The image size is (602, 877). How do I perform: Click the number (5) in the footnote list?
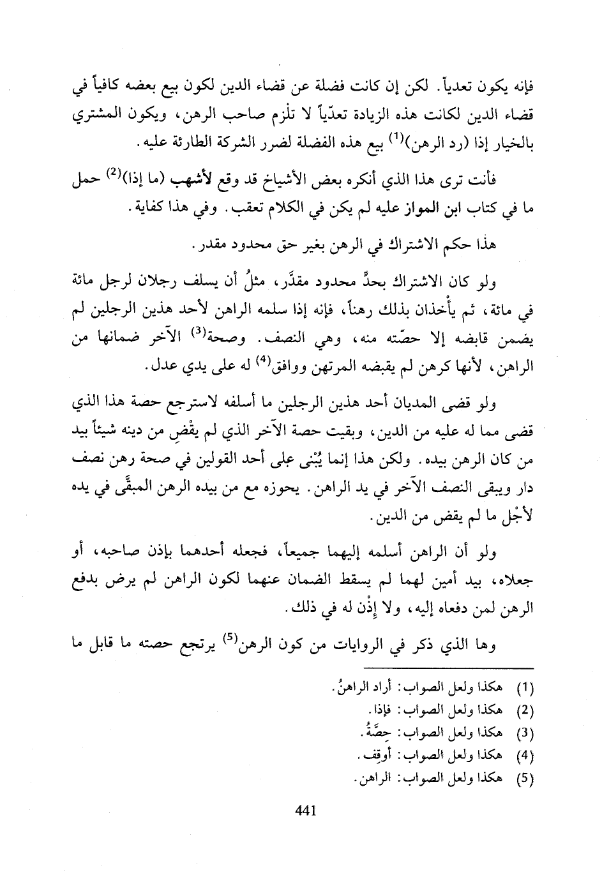(x=523, y=779)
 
